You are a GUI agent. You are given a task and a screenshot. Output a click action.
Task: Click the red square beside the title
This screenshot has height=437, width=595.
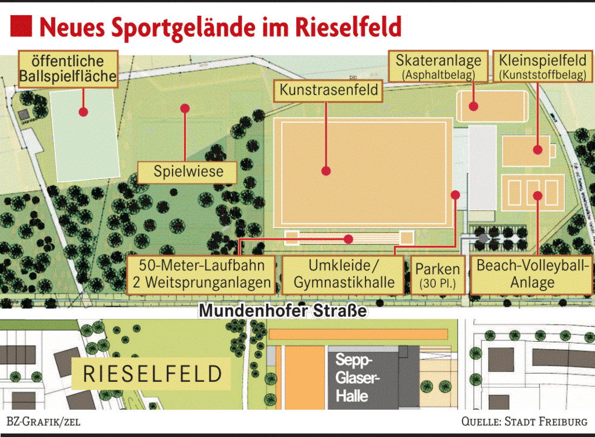pos(21,27)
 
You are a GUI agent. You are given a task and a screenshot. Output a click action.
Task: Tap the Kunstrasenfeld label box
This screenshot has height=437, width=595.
pos(329,91)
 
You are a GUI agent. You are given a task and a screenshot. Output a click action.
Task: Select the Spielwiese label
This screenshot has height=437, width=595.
pos(188,172)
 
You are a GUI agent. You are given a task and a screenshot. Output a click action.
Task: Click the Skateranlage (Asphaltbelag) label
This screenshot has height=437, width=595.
pos(438,67)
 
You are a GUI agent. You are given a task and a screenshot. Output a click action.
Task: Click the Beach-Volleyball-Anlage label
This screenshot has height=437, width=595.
pos(532,274)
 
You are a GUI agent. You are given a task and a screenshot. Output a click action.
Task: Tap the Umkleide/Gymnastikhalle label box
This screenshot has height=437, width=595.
pos(344,274)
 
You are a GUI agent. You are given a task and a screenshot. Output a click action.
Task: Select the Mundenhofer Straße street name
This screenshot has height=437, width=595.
pos(283,311)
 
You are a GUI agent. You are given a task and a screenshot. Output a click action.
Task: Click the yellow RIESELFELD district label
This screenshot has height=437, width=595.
pos(152,374)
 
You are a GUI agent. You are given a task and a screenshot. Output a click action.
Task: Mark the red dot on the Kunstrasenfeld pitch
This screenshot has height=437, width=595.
pos(326,171)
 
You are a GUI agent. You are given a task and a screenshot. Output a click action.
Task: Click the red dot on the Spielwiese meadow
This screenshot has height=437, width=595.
pos(185,108)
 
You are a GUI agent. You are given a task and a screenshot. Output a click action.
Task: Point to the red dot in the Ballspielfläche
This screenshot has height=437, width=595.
pos(83,112)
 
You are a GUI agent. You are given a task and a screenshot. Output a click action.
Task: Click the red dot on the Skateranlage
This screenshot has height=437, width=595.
pos(474,106)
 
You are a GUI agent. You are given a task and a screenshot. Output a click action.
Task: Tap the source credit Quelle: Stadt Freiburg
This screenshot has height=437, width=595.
pos(524,422)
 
